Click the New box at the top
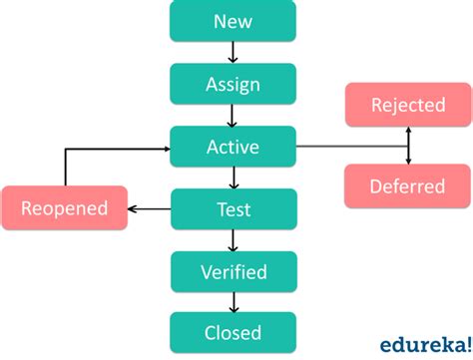tap(233, 21)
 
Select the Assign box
tap(233, 84)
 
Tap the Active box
tap(233, 147)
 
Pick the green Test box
tap(233, 208)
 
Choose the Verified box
tap(233, 270)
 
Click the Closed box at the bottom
tap(233, 332)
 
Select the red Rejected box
tap(407, 105)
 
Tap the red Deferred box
tap(407, 185)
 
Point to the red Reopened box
tap(64, 208)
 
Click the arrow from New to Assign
tap(233, 53)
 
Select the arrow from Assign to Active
tap(233, 115)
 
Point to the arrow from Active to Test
tap(233, 178)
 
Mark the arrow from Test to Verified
tap(233, 239)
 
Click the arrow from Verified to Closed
tap(233, 301)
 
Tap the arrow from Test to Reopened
tap(150, 208)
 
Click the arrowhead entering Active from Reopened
tap(165, 149)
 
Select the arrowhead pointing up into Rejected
tap(407, 131)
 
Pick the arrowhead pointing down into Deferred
tap(407, 160)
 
